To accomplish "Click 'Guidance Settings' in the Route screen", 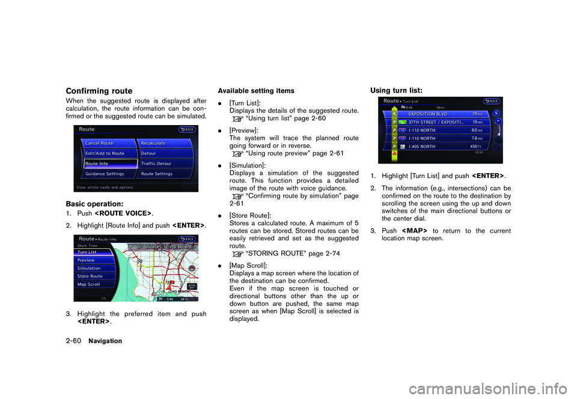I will pyautogui.click(x=106, y=174).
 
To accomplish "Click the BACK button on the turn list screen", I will pyautogui.click(x=490, y=101).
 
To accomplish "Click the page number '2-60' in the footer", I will pyautogui.click(x=70, y=341).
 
